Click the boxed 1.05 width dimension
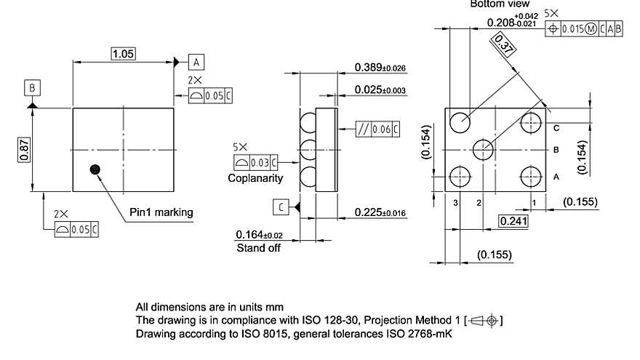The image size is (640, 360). point(124,54)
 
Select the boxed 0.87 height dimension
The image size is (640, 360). point(25,150)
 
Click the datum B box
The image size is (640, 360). point(32,88)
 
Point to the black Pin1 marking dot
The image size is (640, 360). point(94,169)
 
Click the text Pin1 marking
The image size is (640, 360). point(161,212)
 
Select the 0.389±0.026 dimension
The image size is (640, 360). point(380,68)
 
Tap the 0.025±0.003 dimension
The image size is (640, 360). point(380,90)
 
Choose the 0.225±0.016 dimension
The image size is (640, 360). point(380,212)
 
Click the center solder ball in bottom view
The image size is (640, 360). point(483,149)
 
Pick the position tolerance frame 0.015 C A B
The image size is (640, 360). point(585,28)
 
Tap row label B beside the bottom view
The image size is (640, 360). point(556,150)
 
